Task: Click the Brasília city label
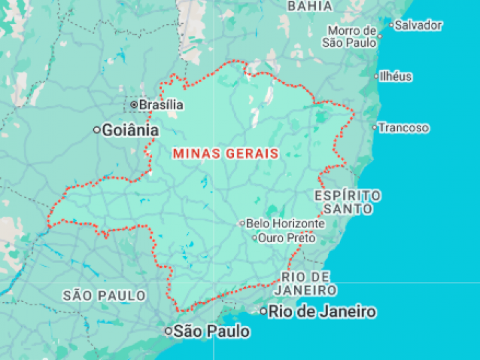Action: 161,105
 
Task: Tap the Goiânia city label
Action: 130,130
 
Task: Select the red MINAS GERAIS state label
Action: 225,153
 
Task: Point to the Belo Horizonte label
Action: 285,223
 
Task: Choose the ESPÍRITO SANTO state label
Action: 347,202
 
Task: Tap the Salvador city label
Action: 418,25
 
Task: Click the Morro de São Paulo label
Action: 351,37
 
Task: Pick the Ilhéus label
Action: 396,77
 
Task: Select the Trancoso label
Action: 404,127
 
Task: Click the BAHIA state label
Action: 309,6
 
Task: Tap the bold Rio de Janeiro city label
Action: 322,311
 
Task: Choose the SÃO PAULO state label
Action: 105,295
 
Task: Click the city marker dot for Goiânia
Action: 97,130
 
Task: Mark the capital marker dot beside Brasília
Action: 134,105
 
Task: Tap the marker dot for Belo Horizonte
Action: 243,223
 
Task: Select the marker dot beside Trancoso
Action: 375,127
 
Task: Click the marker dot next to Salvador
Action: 391,26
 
